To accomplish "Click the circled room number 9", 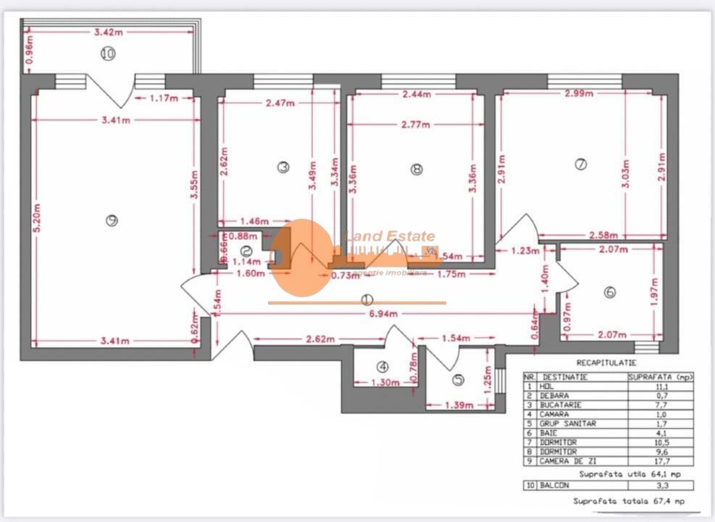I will [111, 221].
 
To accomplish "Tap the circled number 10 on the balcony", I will [108, 54].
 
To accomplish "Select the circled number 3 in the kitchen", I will [283, 167].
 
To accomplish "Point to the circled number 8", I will [415, 169].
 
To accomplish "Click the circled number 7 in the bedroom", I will [580, 165].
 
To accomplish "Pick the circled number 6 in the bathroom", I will [609, 292].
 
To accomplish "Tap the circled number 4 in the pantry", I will [382, 367].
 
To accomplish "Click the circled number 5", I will [458, 378].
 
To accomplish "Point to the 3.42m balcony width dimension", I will [108, 32].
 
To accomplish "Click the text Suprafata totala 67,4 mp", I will [629, 501].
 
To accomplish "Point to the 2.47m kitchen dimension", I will [281, 103].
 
